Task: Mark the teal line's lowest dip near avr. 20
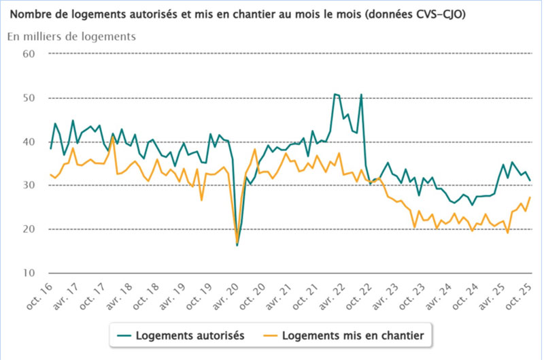237,245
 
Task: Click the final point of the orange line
530,197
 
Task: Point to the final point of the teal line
530,180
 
